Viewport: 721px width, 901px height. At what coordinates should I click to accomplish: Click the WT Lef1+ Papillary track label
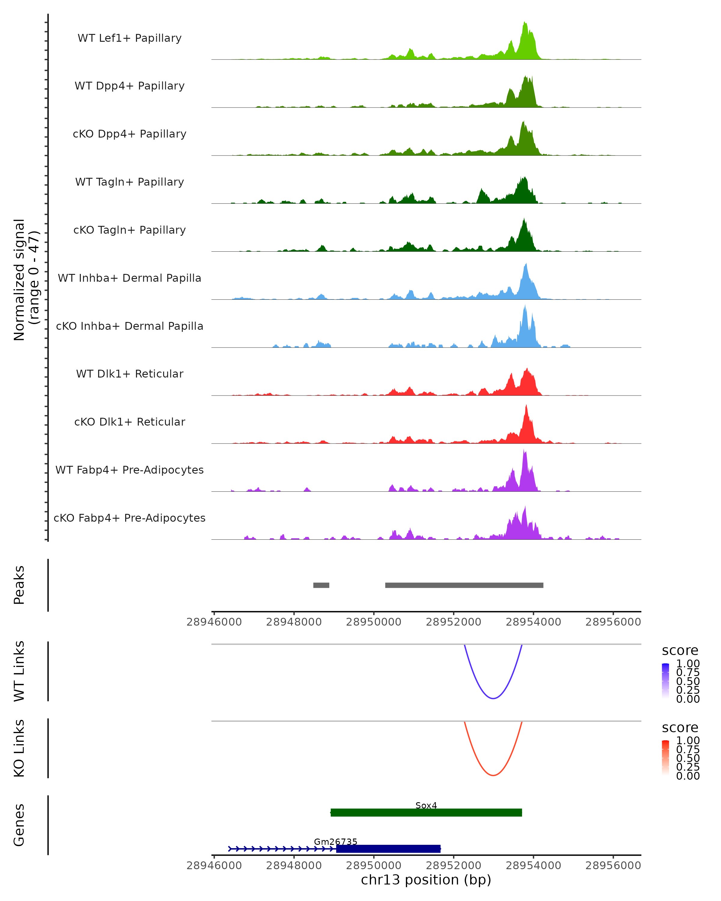coord(129,38)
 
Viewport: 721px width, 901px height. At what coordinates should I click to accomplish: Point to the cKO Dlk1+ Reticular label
coord(129,422)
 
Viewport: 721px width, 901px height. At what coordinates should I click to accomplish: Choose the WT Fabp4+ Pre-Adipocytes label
coord(129,470)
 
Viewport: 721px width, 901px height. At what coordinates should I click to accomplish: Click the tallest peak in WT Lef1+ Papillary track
coord(525,23)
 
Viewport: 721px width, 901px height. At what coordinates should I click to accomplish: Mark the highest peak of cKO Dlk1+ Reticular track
coord(526,406)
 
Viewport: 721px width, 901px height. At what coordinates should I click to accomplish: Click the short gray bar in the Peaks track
coord(321,585)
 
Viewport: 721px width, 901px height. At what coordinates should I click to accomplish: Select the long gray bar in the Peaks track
coord(464,585)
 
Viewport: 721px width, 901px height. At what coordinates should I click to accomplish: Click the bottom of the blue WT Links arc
coord(493,698)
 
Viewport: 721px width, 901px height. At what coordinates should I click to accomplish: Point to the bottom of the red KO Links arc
coord(493,775)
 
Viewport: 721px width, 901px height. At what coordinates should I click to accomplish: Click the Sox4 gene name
coord(426,805)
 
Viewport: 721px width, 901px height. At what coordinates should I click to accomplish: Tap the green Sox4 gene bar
coord(426,812)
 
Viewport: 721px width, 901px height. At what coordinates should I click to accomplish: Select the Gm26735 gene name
coord(335,842)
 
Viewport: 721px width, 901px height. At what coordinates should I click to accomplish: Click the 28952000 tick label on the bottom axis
coord(454,866)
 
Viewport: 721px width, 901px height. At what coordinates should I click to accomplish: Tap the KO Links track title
coord(19,748)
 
